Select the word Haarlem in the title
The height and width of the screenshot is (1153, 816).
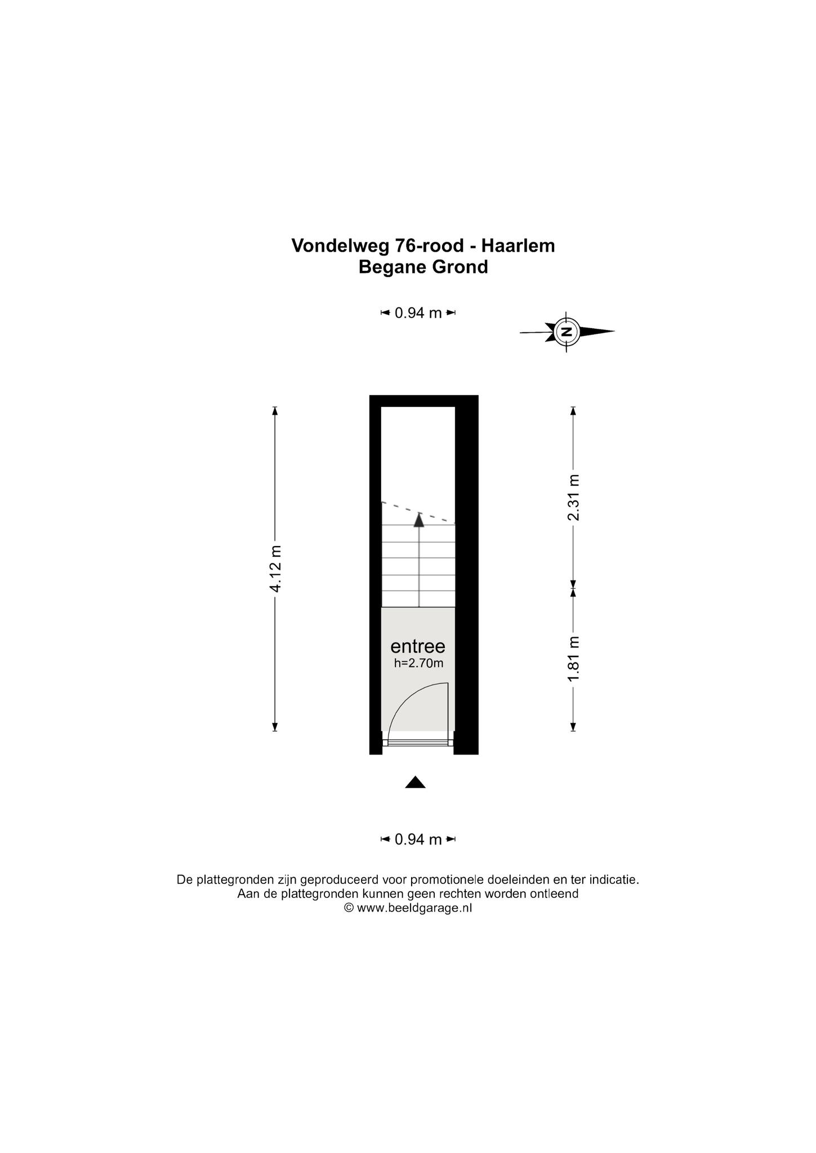(518, 246)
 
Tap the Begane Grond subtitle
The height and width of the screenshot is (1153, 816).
(423, 267)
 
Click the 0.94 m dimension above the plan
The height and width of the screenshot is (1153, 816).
(418, 313)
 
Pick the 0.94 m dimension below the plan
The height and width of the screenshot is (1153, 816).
(418, 839)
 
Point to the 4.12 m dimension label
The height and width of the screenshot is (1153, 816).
(275, 569)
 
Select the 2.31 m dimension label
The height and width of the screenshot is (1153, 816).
(573, 498)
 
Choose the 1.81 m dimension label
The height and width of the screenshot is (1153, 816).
(573, 659)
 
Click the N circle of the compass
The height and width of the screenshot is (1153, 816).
(567, 332)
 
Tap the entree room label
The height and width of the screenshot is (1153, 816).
(418, 646)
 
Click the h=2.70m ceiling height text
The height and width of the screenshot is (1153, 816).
(418, 663)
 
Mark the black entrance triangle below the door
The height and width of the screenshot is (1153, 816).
(415, 782)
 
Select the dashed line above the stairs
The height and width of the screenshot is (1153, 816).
(418, 512)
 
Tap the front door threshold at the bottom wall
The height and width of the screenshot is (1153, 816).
(418, 743)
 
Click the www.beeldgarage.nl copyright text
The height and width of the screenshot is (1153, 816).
(414, 908)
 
